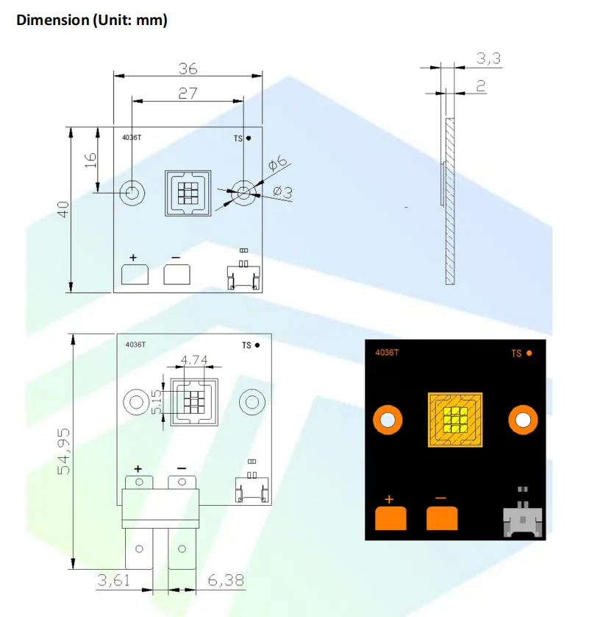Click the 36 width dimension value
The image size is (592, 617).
188,69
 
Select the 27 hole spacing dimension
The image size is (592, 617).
188,94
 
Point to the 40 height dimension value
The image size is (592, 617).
63,209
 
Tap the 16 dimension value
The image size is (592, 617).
90,161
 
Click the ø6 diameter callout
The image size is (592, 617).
277,163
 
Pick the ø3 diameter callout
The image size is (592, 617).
283,191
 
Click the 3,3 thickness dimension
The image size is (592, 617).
488,59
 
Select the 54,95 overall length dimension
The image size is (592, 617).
64,451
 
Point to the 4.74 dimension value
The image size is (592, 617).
194,359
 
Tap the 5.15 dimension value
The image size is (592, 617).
157,402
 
